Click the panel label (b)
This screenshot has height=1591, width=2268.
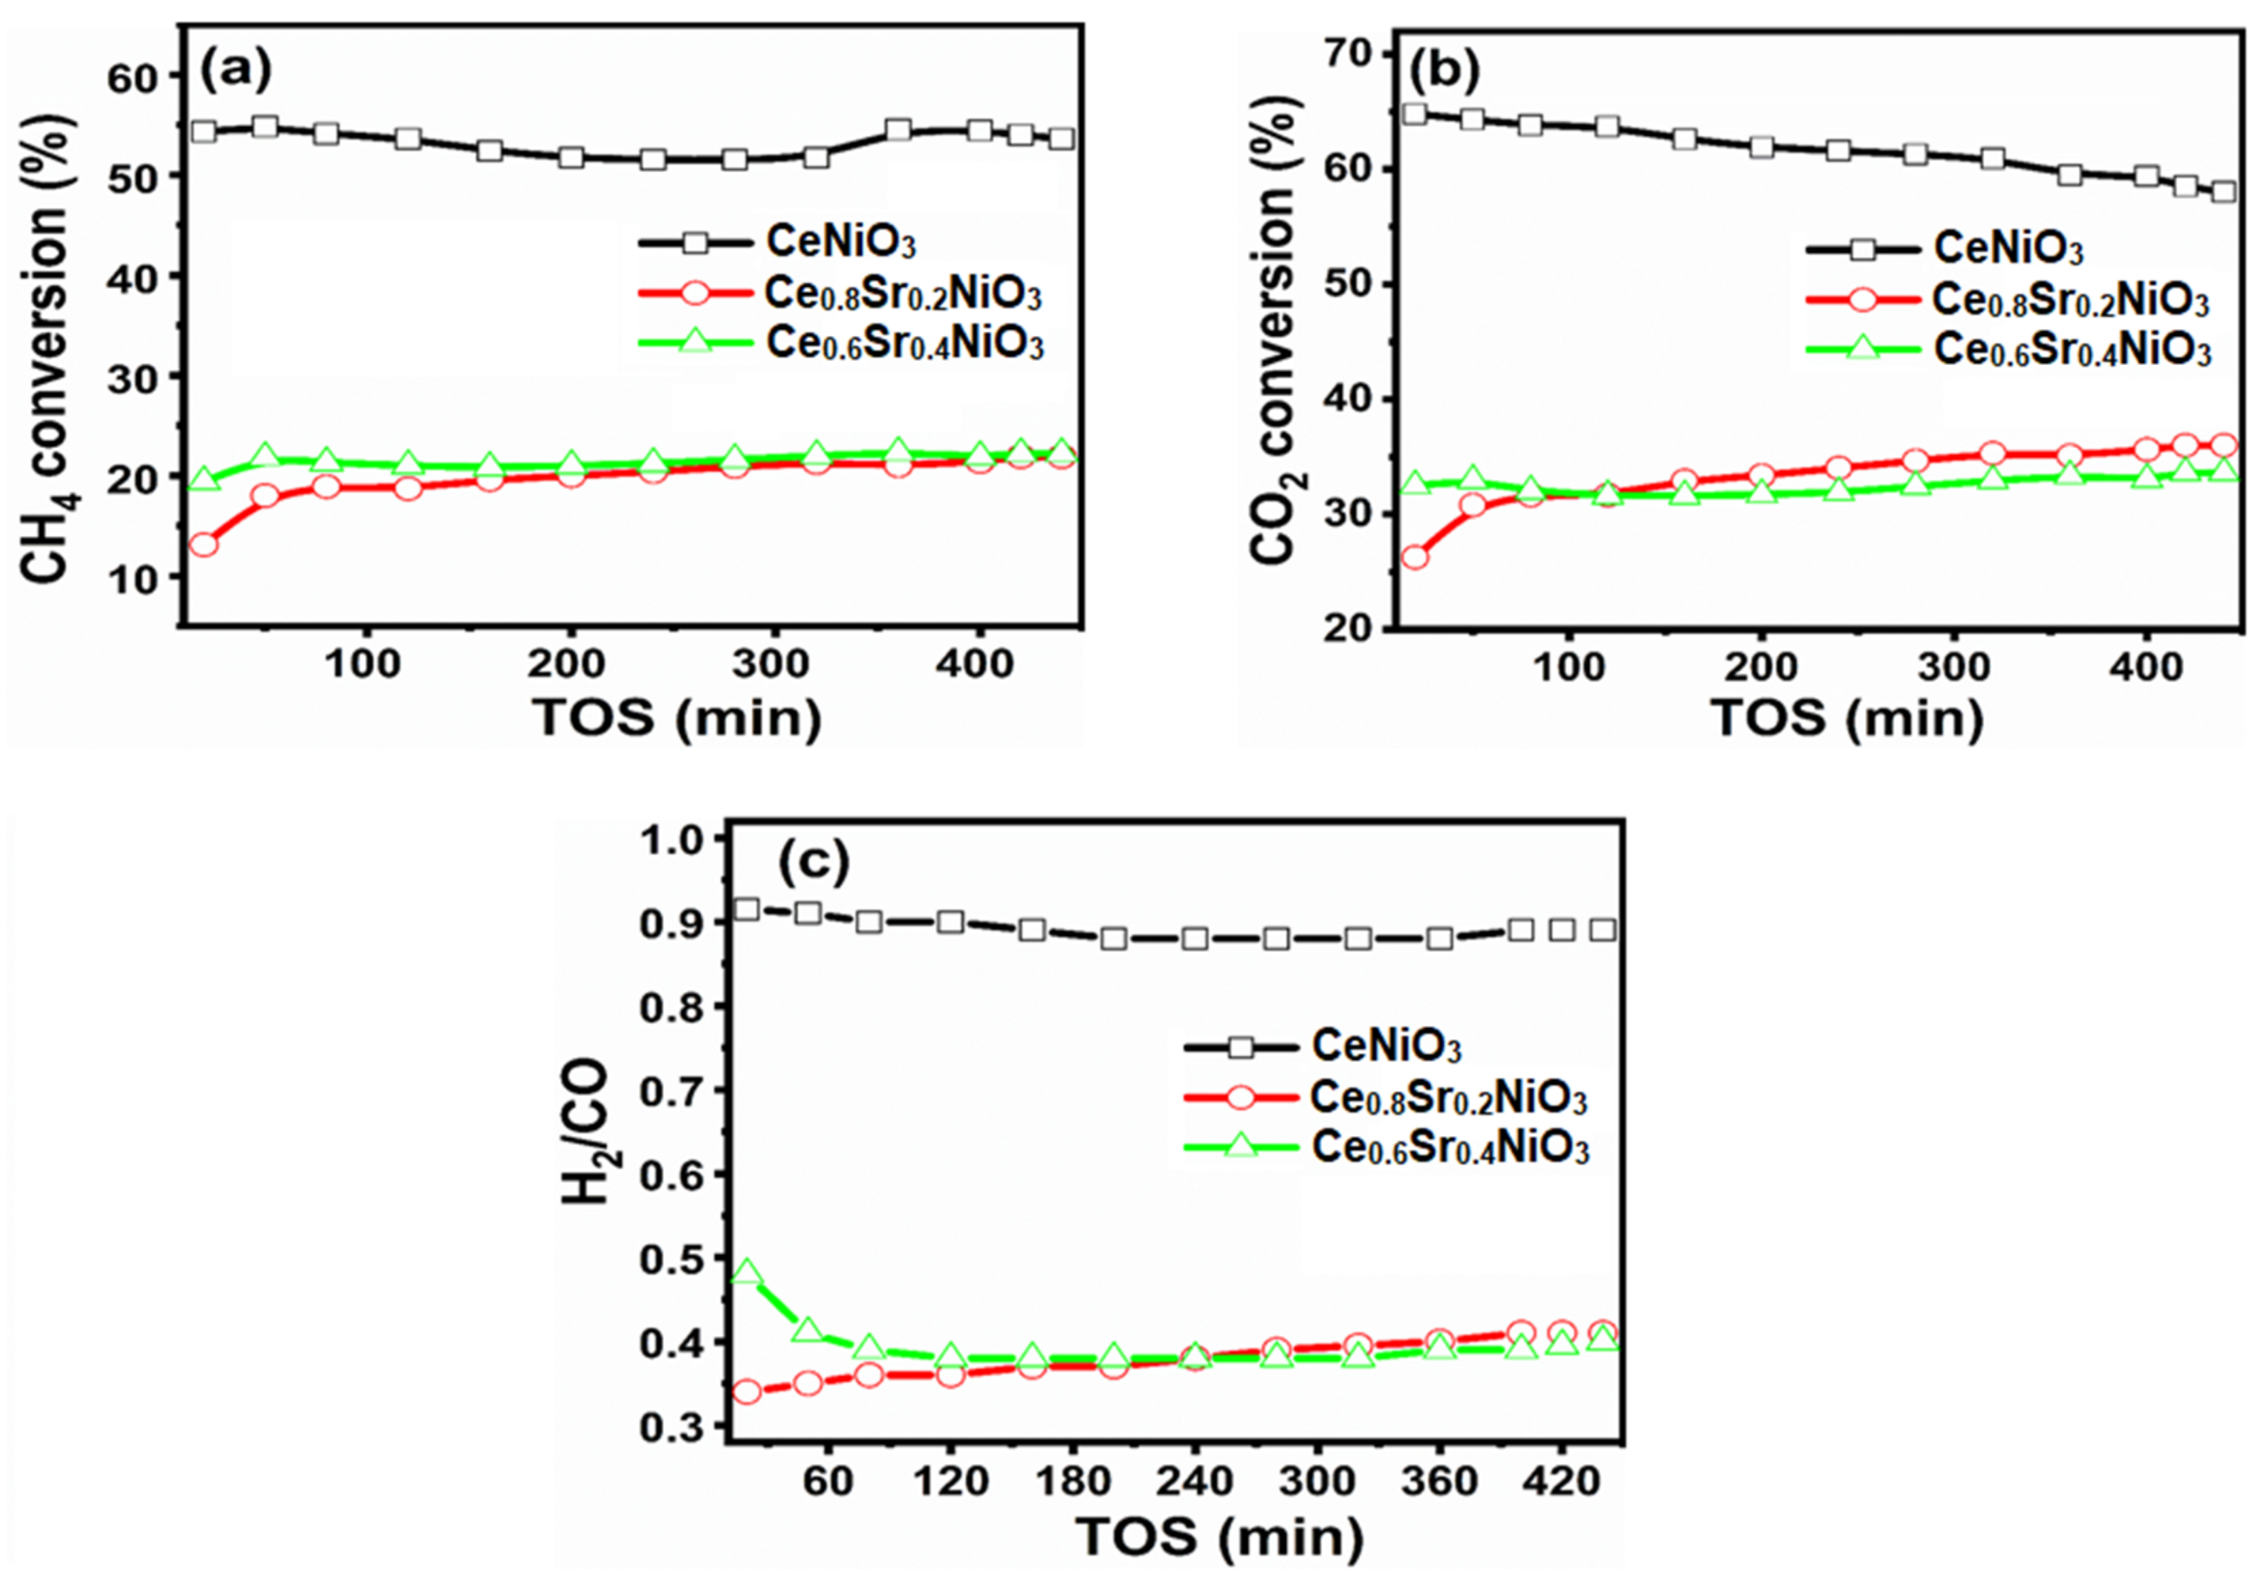click(1443, 71)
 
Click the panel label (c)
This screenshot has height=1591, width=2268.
click(813, 862)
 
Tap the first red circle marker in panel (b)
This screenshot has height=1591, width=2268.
click(1415, 557)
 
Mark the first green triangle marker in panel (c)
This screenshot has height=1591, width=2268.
click(748, 1272)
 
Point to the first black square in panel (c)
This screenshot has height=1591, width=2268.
click(748, 908)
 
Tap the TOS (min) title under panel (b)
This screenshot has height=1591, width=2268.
click(1847, 717)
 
